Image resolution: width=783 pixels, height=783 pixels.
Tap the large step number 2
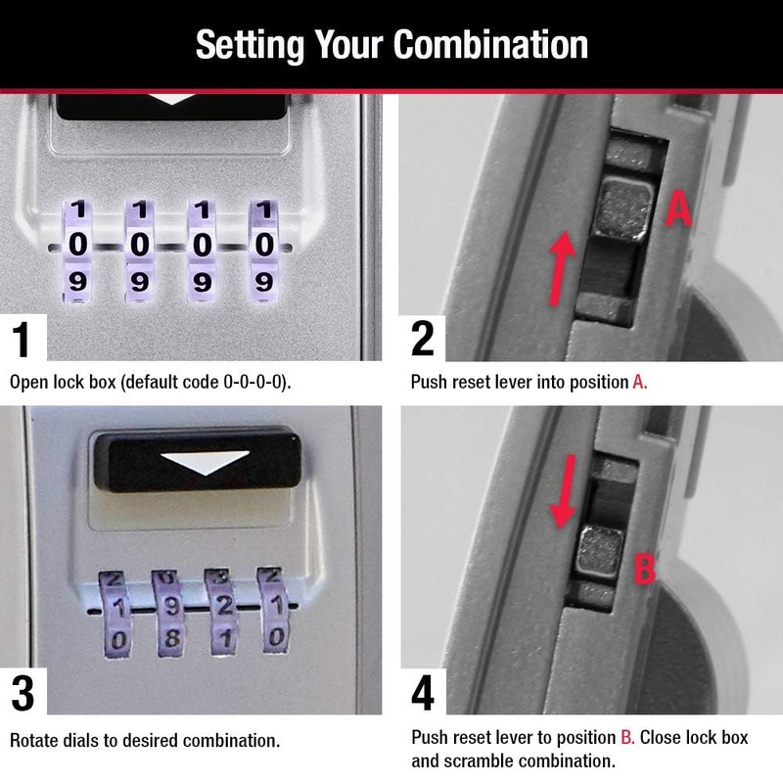tap(423, 339)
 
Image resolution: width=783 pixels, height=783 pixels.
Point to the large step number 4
tap(423, 693)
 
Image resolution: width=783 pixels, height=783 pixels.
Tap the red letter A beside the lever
tap(679, 208)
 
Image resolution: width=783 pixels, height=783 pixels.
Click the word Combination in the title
tap(489, 45)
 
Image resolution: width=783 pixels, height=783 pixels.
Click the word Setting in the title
tap(250, 45)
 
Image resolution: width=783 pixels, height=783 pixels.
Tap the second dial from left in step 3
tap(169, 609)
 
